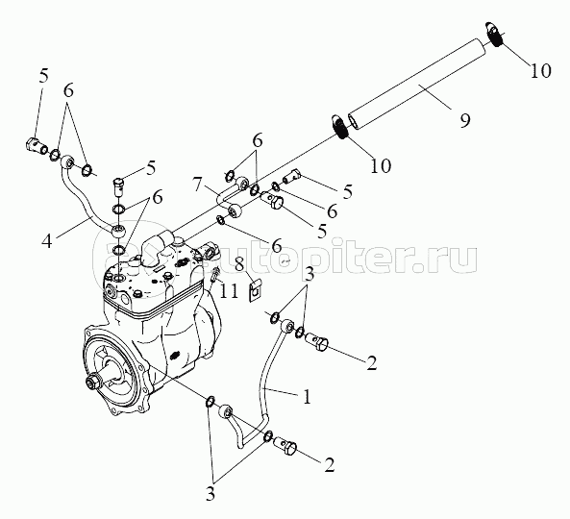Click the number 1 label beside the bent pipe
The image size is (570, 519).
pyautogui.click(x=308, y=397)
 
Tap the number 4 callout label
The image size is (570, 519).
pyautogui.click(x=47, y=241)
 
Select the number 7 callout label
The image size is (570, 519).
pyautogui.click(x=197, y=185)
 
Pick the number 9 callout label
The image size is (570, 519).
pyautogui.click(x=465, y=120)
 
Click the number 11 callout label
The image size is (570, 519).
pyautogui.click(x=230, y=291)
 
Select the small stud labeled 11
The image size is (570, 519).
pyautogui.click(x=215, y=275)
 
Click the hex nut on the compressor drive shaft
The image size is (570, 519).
pyautogui.click(x=91, y=383)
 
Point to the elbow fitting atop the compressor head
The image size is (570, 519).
pyautogui.click(x=158, y=243)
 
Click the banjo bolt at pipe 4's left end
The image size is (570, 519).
pyautogui.click(x=35, y=145)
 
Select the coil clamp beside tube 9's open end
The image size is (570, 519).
pyautogui.click(x=339, y=127)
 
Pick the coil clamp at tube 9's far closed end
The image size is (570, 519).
pyautogui.click(x=494, y=35)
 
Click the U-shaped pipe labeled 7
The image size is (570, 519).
pyautogui.click(x=229, y=196)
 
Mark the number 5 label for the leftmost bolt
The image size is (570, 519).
pyautogui.click(x=43, y=76)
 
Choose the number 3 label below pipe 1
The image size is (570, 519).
pyautogui.click(x=211, y=494)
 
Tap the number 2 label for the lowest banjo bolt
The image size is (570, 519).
pyautogui.click(x=330, y=465)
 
